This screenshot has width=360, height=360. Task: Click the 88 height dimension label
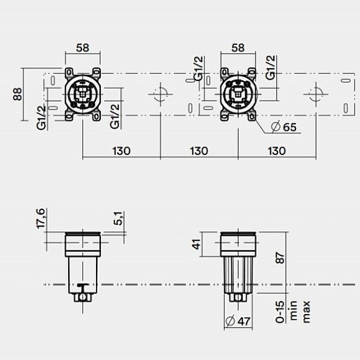pyautogui.click(x=17, y=94)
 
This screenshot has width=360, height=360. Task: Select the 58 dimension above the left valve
pyautogui.click(x=83, y=48)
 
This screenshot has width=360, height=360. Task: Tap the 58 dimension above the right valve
pyautogui.click(x=238, y=48)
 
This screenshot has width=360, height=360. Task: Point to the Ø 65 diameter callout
pyautogui.click(x=284, y=127)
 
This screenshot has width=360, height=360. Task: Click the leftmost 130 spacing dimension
pyautogui.click(x=121, y=151)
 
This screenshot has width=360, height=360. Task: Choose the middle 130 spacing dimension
pyautogui.click(x=199, y=151)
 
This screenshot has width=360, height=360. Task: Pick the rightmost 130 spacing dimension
pyautogui.click(x=277, y=151)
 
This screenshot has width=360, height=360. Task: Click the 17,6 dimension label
pyautogui.click(x=41, y=219)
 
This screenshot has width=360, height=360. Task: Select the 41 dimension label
pyautogui.click(x=197, y=244)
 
